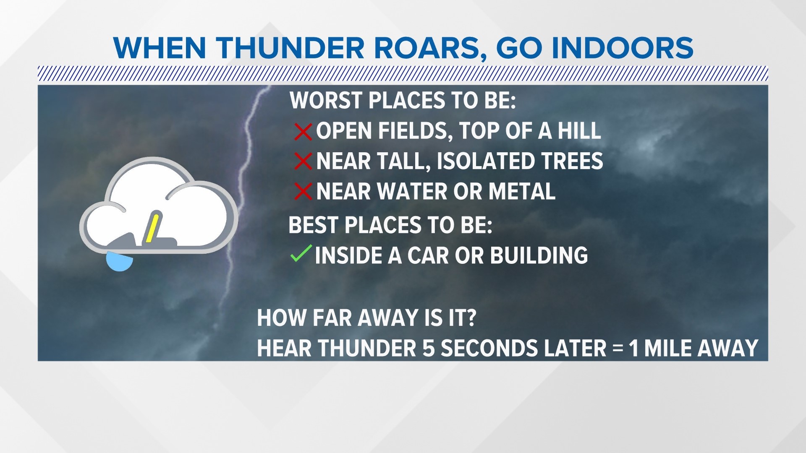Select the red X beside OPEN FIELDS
303,131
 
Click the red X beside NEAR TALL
303,161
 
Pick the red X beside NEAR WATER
303,192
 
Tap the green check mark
301,254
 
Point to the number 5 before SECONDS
429,348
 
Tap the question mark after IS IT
471,318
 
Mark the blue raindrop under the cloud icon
119,262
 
